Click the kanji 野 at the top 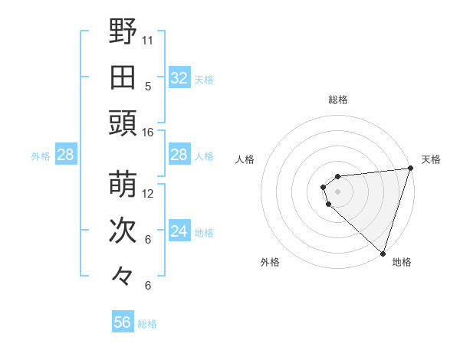pyautogui.click(x=123, y=32)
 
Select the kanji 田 pyautogui.click(x=123, y=77)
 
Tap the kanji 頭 pyautogui.click(x=123, y=123)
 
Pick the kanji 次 pyautogui.click(x=123, y=231)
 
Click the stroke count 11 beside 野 pyautogui.click(x=148, y=40)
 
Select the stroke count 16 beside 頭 pyautogui.click(x=148, y=133)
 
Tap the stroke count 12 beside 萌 pyautogui.click(x=148, y=194)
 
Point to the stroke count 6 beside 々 pyautogui.click(x=148, y=286)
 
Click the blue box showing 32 pyautogui.click(x=179, y=78)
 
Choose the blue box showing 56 pyautogui.click(x=123, y=322)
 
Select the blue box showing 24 pyautogui.click(x=179, y=231)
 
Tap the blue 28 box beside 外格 pyautogui.click(x=65, y=155)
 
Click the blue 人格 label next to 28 pyautogui.click(x=204, y=155)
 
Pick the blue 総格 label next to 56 pyautogui.click(x=147, y=324)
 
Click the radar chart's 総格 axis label pyautogui.click(x=338, y=100)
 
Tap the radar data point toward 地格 pyautogui.click(x=383, y=253)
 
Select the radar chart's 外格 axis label pyautogui.click(x=270, y=263)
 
